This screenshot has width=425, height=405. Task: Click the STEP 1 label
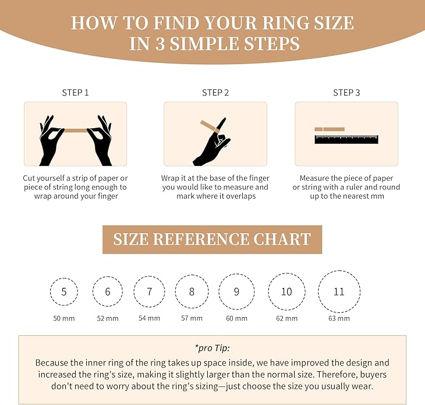tap(75, 93)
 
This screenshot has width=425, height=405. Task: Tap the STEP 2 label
tap(215, 93)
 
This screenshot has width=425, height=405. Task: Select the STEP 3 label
tap(346, 93)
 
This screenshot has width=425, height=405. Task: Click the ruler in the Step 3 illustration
tap(346, 139)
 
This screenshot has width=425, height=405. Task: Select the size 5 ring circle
tap(64, 292)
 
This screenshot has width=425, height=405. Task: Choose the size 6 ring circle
tap(107, 292)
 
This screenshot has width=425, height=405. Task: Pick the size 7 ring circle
tap(150, 292)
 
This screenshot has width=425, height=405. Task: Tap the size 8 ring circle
tap(192, 291)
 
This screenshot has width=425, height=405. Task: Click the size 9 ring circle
tap(236, 291)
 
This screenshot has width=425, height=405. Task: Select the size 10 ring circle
tap(286, 291)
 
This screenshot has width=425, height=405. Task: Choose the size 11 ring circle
tap(339, 291)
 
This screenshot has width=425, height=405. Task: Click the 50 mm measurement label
tap(64, 318)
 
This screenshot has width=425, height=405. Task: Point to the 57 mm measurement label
tap(192, 318)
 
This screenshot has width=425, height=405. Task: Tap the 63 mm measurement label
tap(339, 318)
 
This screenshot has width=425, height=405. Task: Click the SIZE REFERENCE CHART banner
tap(212, 240)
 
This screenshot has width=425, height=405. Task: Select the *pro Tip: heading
tap(212, 348)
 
